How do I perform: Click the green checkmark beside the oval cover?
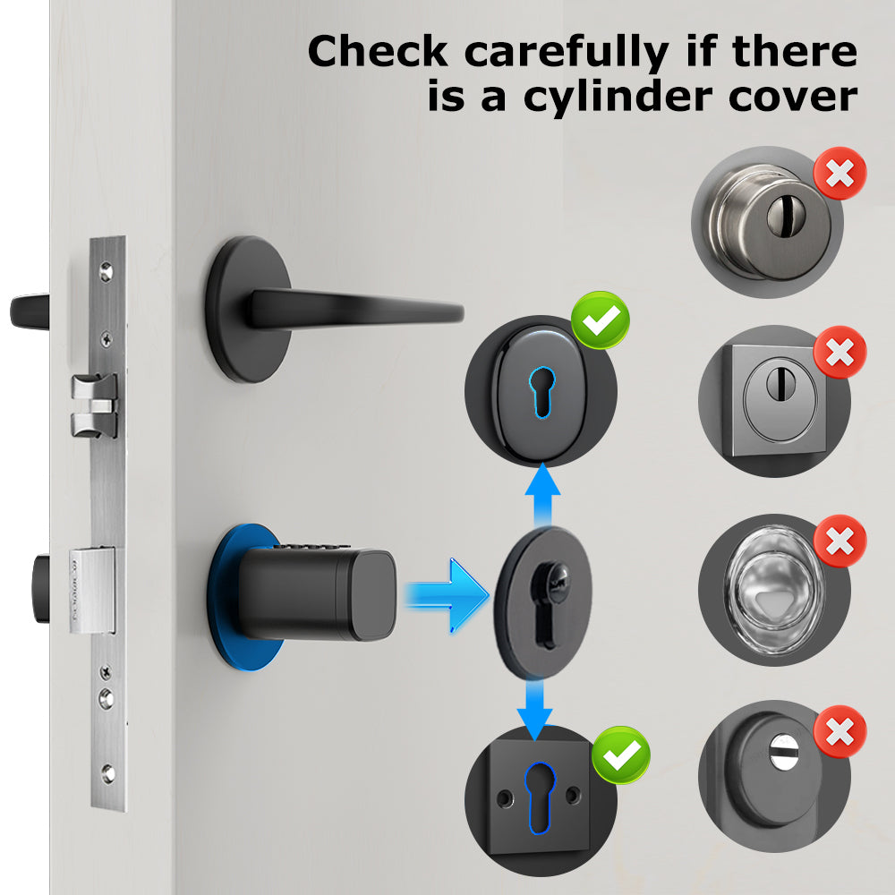tap(601, 320)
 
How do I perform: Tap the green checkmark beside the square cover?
tap(620, 756)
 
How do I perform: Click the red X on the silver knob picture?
tap(840, 175)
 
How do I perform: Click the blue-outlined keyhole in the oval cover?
tap(541, 386)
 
